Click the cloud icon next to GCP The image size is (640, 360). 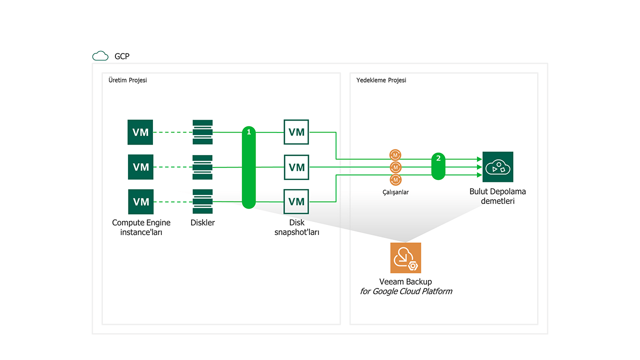(100, 56)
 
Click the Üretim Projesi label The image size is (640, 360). (127, 80)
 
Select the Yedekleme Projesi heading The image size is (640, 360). (381, 80)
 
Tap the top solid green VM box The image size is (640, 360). (140, 132)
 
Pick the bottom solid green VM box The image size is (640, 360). (140, 201)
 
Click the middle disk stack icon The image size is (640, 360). (202, 167)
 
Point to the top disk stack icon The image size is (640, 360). (202, 132)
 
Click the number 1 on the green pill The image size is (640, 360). (248, 132)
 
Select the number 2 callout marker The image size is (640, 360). (438, 158)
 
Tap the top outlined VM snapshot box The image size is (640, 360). (296, 132)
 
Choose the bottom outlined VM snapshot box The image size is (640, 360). (296, 201)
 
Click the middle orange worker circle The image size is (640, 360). (395, 167)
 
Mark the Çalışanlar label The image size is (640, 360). (395, 192)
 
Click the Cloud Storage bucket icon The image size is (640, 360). (497, 167)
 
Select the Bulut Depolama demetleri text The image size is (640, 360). (497, 196)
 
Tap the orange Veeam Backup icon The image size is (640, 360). (405, 258)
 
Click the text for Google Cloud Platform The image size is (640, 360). (406, 291)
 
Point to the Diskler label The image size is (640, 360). (202, 222)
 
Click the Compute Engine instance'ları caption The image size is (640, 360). (141, 227)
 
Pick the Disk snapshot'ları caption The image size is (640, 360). (296, 227)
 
